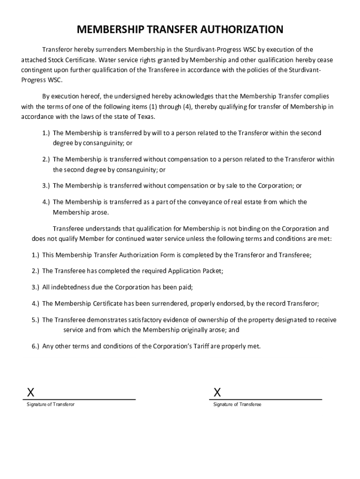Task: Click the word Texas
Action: tap(145, 116)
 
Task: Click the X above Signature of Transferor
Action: tap(30, 392)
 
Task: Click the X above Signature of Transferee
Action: tap(217, 392)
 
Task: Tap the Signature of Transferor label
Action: tap(50, 404)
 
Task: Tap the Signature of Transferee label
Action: tap(237, 404)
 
